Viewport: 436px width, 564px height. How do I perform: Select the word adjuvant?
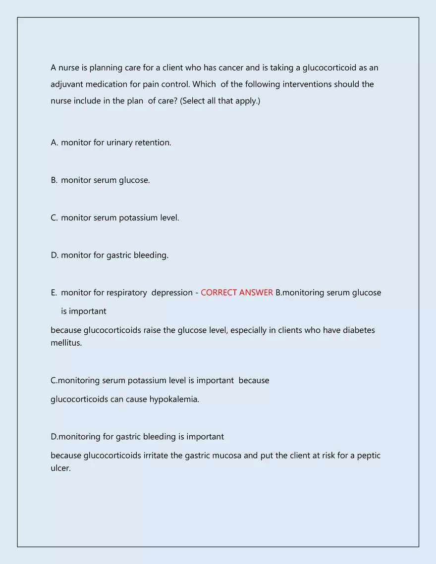(67, 85)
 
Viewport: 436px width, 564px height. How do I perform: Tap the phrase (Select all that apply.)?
(220, 101)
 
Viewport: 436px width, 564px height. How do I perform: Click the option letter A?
(54, 143)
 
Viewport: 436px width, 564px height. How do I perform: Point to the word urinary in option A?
(119, 143)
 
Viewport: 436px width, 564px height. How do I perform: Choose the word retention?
(153, 143)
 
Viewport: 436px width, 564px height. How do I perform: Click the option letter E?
(54, 293)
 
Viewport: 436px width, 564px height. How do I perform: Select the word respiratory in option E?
(126, 293)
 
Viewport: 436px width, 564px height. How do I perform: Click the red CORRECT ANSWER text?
(237, 293)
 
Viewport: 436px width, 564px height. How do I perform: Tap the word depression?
(172, 293)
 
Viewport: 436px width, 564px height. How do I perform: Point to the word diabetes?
(359, 330)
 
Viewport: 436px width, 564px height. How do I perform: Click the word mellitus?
(66, 343)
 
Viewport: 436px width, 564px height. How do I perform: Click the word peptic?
(369, 456)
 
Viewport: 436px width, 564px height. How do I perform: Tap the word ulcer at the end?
(60, 468)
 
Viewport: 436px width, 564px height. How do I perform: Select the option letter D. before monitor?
(54, 256)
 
